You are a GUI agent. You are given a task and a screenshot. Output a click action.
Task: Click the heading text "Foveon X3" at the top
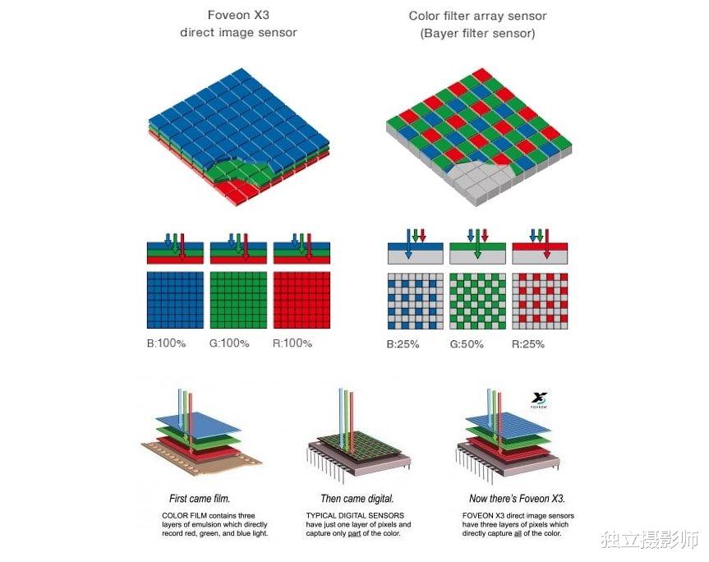238,15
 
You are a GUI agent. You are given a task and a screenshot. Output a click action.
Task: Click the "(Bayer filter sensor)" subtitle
477,34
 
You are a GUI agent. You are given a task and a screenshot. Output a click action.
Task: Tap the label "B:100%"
167,343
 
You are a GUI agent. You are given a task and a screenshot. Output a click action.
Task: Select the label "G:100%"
229,343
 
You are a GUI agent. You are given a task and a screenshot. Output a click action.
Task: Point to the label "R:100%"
292,343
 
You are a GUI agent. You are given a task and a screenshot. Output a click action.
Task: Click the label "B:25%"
403,344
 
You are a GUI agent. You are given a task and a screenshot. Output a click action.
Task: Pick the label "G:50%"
467,344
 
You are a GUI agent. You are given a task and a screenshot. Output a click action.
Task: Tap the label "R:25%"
528,344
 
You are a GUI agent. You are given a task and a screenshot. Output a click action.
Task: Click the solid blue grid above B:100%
176,300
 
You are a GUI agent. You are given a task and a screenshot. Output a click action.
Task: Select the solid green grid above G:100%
239,300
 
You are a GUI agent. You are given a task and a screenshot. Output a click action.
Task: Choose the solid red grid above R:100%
302,300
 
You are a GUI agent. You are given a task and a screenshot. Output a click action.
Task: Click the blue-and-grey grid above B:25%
416,301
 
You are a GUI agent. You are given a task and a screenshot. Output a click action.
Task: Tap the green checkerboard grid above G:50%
477,301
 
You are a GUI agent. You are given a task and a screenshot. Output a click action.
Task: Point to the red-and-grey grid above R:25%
540,301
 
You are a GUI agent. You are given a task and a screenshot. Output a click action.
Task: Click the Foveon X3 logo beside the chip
539,400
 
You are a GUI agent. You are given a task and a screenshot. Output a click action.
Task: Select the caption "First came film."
200,499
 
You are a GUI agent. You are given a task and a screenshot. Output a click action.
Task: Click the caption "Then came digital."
357,499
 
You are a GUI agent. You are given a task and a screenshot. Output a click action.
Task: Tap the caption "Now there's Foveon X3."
518,499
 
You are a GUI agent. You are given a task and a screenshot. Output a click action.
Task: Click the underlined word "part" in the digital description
355,533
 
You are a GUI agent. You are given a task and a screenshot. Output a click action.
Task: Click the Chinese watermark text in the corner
650,540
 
